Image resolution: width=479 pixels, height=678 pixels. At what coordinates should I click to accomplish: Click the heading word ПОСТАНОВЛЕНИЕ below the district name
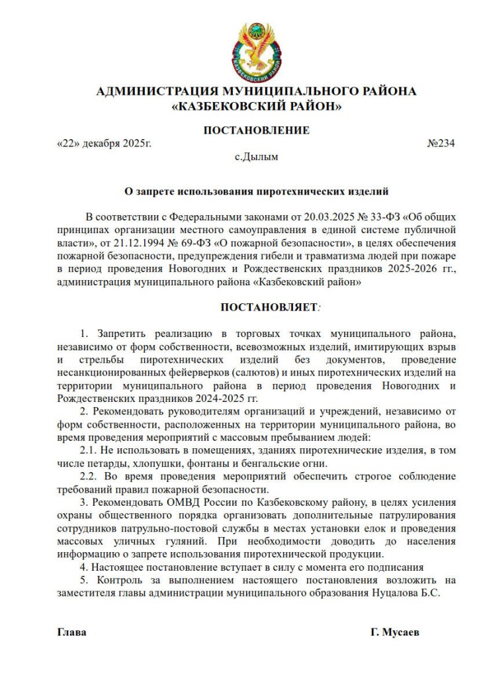click(256, 130)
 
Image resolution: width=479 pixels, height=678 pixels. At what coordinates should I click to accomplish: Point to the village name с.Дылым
click(257, 158)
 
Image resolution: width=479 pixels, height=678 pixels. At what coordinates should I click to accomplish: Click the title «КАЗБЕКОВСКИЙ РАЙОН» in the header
click(256, 105)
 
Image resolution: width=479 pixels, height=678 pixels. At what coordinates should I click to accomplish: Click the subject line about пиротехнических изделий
click(256, 193)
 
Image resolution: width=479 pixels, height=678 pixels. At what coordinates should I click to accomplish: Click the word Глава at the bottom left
click(72, 632)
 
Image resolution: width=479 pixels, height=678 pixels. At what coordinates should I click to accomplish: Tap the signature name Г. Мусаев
click(395, 632)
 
